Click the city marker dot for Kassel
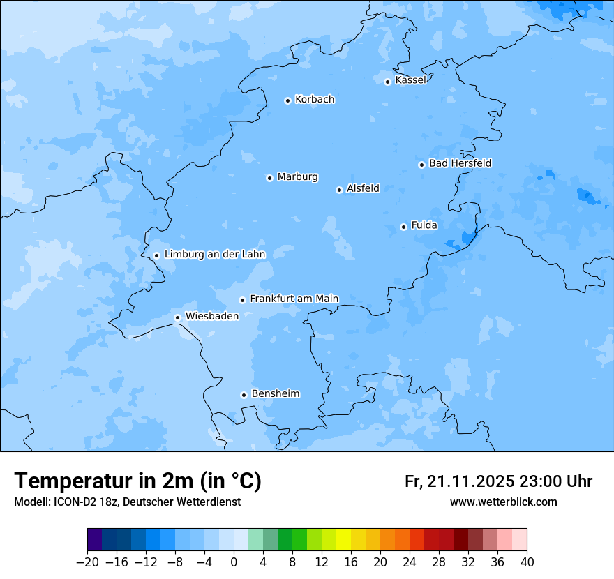point(387,82)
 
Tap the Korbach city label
point(315,99)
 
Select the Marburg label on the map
point(297,176)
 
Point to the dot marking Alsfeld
point(339,190)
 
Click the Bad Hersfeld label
point(460,163)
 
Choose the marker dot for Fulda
point(403,227)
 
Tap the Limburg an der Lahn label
point(214,254)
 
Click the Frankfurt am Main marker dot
point(242,300)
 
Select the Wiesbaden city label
point(211,316)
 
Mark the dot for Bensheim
point(244,395)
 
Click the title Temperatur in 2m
point(137,481)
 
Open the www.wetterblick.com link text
point(503,502)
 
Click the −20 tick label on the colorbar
point(87,562)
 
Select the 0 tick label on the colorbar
point(234,562)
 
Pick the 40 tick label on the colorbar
point(527,562)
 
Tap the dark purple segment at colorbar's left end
point(95,540)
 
